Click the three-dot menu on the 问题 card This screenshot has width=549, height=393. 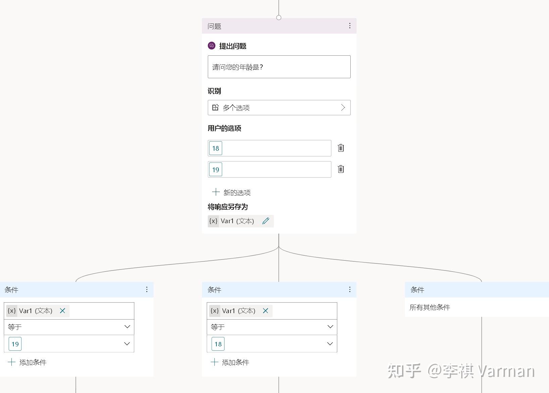pyautogui.click(x=350, y=26)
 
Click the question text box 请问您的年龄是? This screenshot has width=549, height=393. pyautogui.click(x=279, y=67)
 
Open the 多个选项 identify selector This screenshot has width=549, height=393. pyautogui.click(x=279, y=108)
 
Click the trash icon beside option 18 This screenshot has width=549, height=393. pyautogui.click(x=341, y=148)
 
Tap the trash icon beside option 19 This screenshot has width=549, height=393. pyautogui.click(x=341, y=169)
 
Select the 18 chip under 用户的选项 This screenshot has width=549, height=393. pyautogui.click(x=215, y=148)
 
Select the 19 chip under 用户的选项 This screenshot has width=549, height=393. pyautogui.click(x=215, y=169)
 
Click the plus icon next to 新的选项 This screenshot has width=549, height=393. pyautogui.click(x=216, y=192)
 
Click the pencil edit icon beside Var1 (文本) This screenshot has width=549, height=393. pyautogui.click(x=266, y=221)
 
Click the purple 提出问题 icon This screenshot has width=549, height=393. pyautogui.click(x=211, y=46)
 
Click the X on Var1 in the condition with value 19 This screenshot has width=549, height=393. pyautogui.click(x=62, y=311)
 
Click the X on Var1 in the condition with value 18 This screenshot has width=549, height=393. pyautogui.click(x=265, y=311)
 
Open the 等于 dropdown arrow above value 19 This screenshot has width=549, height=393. pyautogui.click(x=127, y=327)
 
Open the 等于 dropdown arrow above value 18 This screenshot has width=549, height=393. pyautogui.click(x=330, y=327)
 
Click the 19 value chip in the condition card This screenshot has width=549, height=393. pyautogui.click(x=15, y=344)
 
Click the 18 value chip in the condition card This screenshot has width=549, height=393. pyautogui.click(x=218, y=344)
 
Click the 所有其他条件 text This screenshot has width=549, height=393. pyautogui.click(x=430, y=307)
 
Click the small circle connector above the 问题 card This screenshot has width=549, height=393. pyautogui.click(x=279, y=17)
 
